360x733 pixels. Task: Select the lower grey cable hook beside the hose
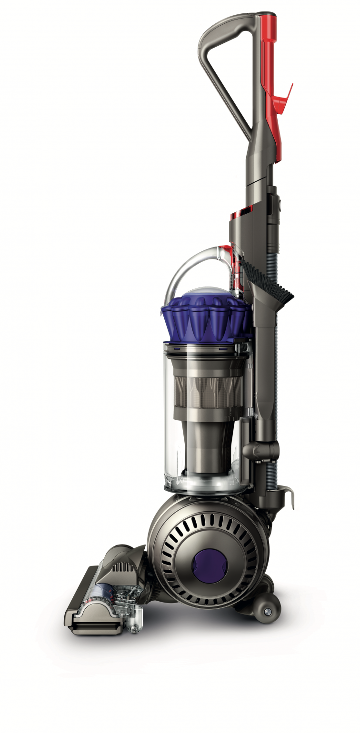[288, 495]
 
